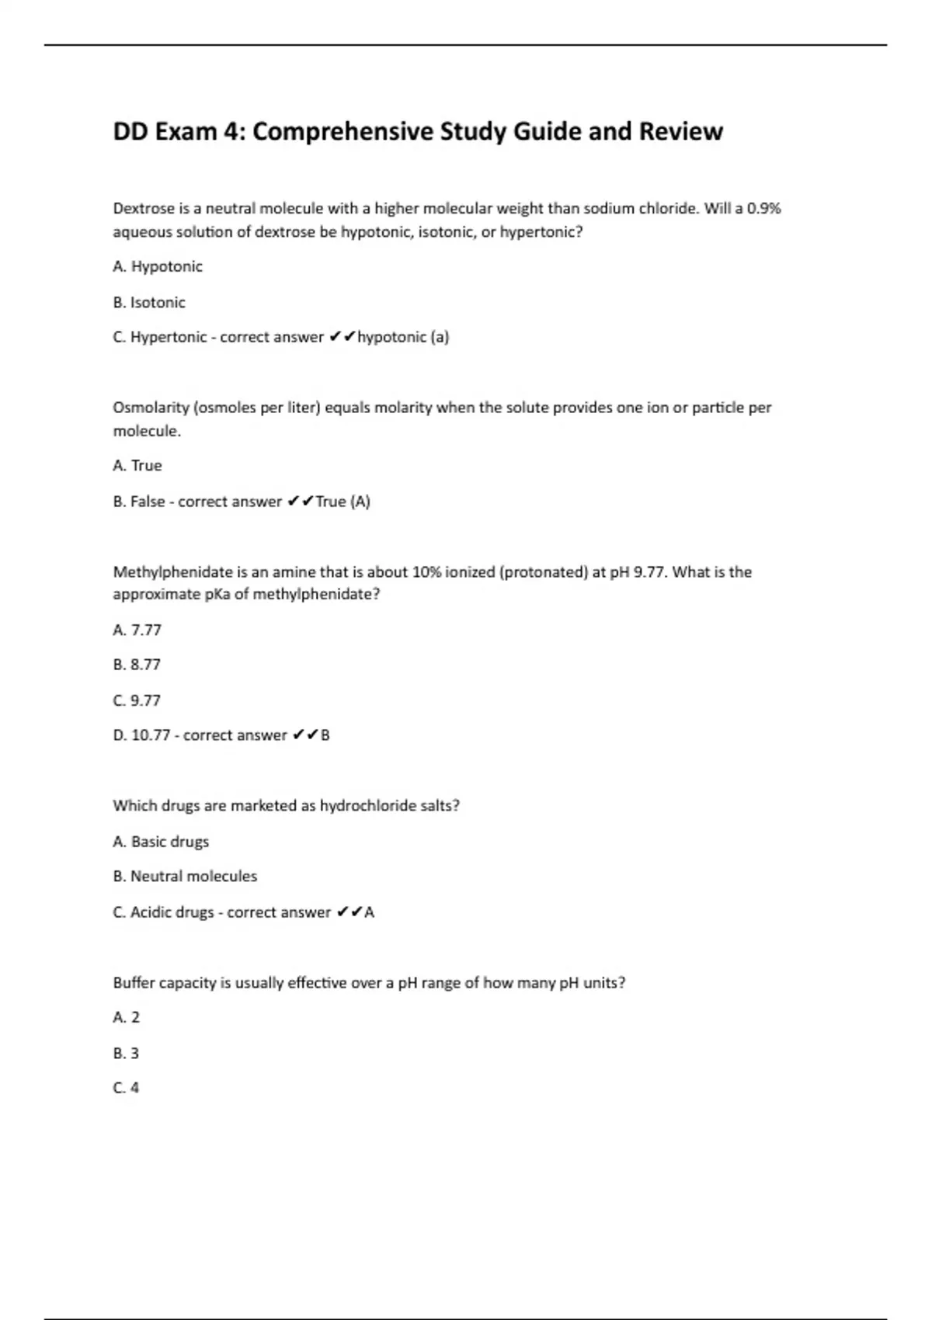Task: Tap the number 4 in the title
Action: [x=231, y=131]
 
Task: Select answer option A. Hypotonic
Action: [x=158, y=266]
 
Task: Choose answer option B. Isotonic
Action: [x=149, y=302]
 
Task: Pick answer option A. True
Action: [x=137, y=465]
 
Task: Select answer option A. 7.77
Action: [x=137, y=630]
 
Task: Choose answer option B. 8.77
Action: [x=137, y=665]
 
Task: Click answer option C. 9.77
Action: [x=137, y=700]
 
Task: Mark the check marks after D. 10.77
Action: [x=305, y=735]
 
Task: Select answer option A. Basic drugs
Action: [x=161, y=842]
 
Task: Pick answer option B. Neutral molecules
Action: [x=185, y=876]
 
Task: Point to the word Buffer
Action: [x=134, y=983]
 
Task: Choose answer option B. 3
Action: [x=126, y=1053]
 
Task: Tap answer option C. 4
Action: [x=126, y=1088]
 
